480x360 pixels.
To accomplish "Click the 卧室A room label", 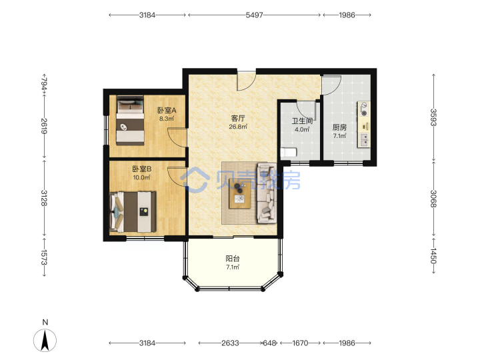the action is tap(167, 110).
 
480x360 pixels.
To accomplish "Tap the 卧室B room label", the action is tap(142, 169).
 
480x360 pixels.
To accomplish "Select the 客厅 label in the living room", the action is tap(238, 118).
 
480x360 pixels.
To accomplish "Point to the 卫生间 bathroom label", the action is tap(302, 121).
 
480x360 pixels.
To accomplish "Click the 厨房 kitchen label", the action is tap(339, 127).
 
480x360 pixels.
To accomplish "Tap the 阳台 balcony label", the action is tap(233, 259).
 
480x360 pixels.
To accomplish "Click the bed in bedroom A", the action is tap(130, 120).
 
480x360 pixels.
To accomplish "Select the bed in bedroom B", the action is tap(133, 211).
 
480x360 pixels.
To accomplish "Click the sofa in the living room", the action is tap(267, 193).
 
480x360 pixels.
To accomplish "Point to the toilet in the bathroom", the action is tap(289, 152).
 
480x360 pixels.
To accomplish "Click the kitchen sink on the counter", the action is tap(364, 140).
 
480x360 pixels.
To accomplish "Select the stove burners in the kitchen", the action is tap(364, 109).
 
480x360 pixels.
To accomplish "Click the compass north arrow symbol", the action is tap(45, 341).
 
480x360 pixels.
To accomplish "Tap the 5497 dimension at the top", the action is tap(255, 15).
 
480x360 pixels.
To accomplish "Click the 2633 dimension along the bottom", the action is tap(230, 343).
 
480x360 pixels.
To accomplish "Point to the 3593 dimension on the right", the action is tap(433, 117).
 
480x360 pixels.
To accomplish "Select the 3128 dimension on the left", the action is tap(45, 198).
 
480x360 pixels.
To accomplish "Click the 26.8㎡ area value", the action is tap(238, 127).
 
